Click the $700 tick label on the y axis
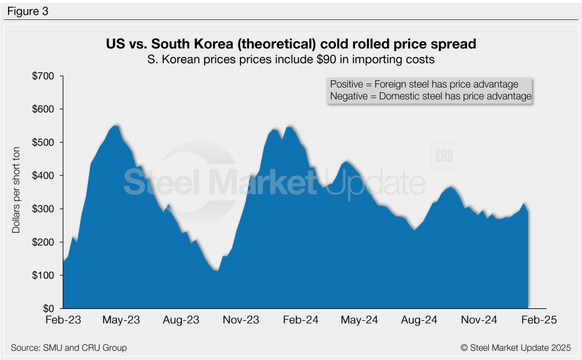(43, 76)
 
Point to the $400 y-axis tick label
(43, 176)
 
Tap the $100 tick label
(43, 275)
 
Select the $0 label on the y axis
(48, 308)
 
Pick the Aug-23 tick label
(181, 320)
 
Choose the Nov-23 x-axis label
(241, 320)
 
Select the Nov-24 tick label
(478, 320)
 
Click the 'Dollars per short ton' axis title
(16, 192)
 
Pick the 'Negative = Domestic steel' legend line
(430, 97)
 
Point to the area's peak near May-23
(116, 126)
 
